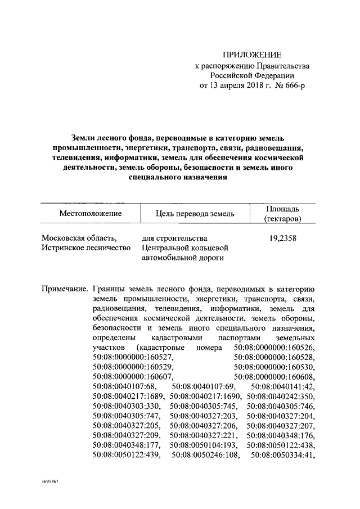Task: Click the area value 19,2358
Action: tap(283, 238)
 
